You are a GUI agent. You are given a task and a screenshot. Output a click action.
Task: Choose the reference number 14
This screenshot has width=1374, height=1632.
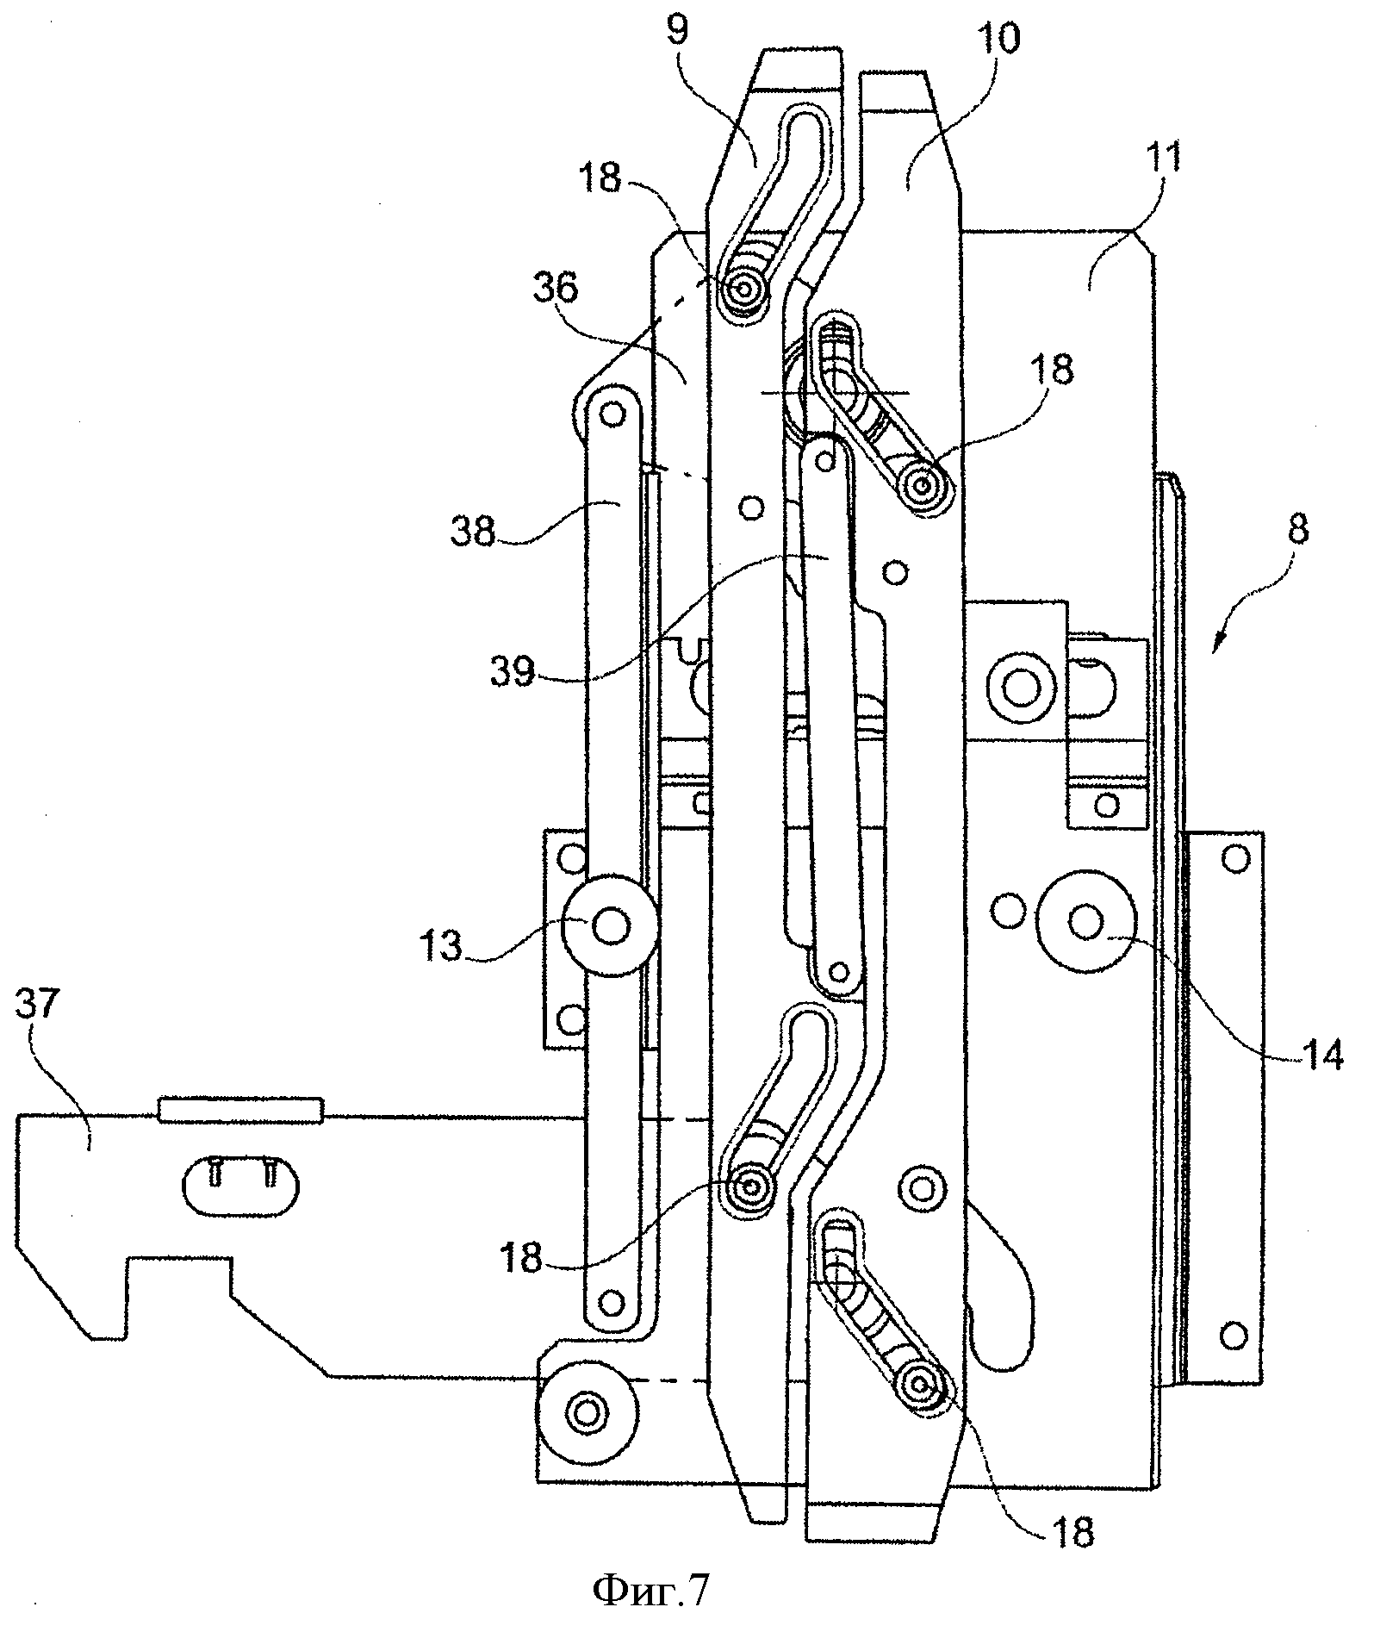point(1315,1053)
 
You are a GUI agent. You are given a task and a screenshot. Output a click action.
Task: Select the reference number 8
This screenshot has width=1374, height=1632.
point(1298,529)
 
